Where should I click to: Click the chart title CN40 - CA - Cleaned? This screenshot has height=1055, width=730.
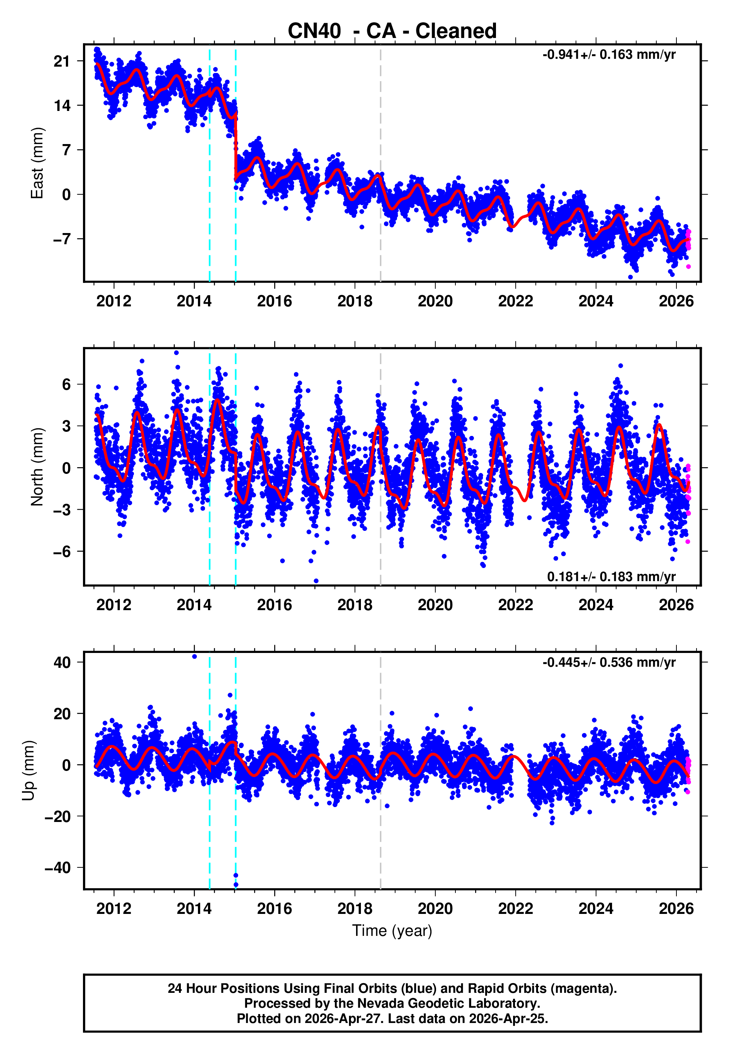click(x=392, y=31)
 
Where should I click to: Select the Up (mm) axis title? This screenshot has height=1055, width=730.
click(x=28, y=771)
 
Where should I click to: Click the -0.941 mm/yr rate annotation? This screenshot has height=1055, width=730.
click(x=609, y=55)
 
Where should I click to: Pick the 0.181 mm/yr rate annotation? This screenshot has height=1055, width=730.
click(x=611, y=577)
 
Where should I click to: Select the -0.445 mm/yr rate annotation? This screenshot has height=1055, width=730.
click(x=609, y=663)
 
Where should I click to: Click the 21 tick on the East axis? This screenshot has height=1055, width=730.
click(x=62, y=61)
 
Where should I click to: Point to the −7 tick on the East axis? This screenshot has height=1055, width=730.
click(x=62, y=239)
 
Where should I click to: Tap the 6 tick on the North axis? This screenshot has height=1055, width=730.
click(x=66, y=384)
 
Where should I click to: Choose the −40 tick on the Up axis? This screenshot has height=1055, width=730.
click(x=58, y=867)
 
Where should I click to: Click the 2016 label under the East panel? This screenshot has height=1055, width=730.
click(x=275, y=301)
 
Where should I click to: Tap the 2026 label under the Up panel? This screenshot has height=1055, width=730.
click(x=676, y=909)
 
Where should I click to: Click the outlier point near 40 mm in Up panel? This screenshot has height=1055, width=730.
click(x=194, y=657)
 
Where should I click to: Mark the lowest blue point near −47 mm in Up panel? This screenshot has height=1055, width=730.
click(x=236, y=885)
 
